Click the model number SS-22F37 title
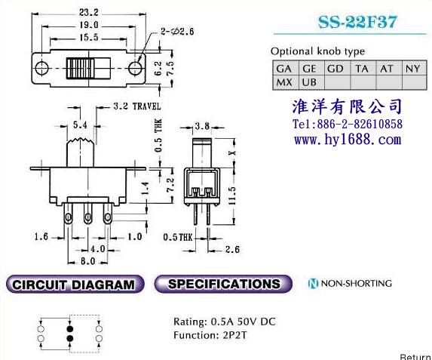pyautogui.click(x=357, y=22)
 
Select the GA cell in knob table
pyautogui.click(x=286, y=69)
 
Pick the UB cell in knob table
pyautogui.click(x=311, y=82)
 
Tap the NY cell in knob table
pyautogui.click(x=414, y=69)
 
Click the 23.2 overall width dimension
pyautogui.click(x=88, y=12)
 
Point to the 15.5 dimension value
pyautogui.click(x=89, y=38)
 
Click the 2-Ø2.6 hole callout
pyautogui.click(x=177, y=32)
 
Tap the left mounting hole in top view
pyautogui.click(x=42, y=68)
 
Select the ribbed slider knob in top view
pyautogui.click(x=80, y=68)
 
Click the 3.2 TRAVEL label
pyautogui.click(x=137, y=106)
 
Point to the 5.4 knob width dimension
pyautogui.click(x=80, y=125)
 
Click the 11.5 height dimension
pyautogui.click(x=232, y=195)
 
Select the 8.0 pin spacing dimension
pyautogui.click(x=88, y=261)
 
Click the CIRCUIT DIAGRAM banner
pyautogui.click(x=75, y=284)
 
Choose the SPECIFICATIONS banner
pyautogui.click(x=223, y=284)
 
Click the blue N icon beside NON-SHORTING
pyautogui.click(x=313, y=283)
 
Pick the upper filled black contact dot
pyautogui.click(x=70, y=328)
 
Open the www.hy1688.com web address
pyautogui.click(x=348, y=140)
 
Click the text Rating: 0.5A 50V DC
pyautogui.click(x=224, y=322)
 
